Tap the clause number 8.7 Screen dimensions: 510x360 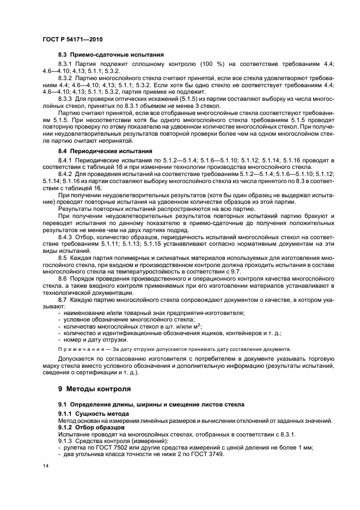tap(63, 299)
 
